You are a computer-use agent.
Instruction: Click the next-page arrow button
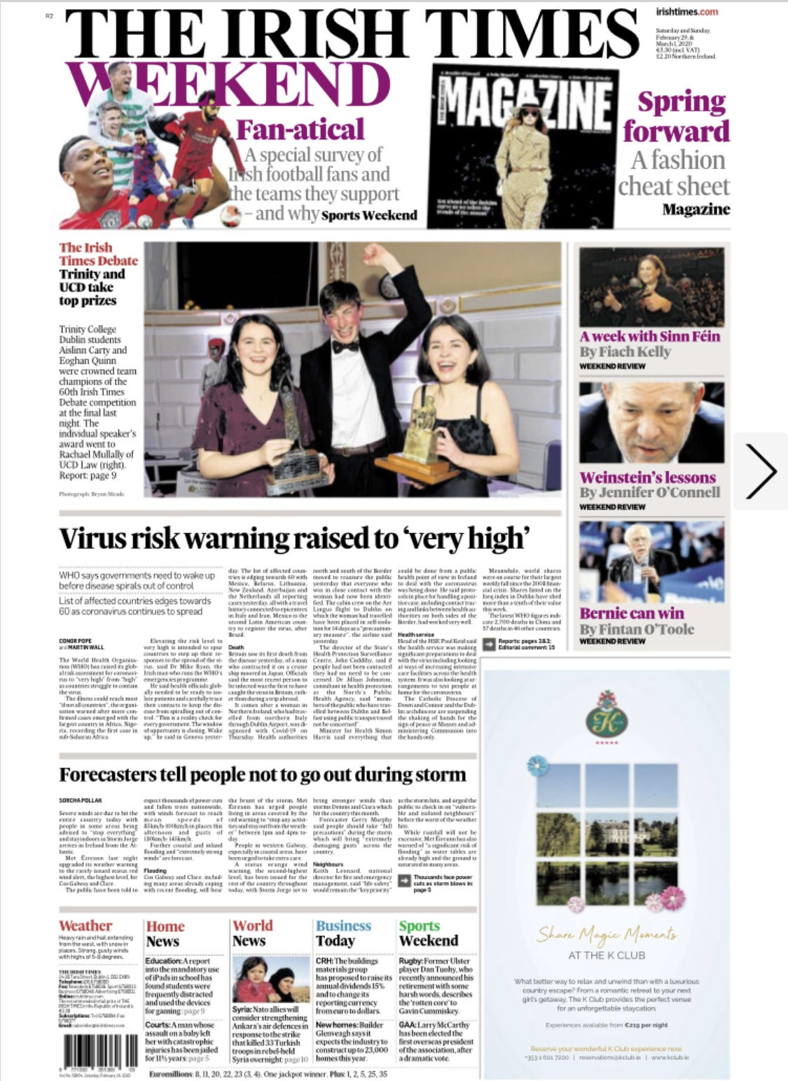[x=760, y=471]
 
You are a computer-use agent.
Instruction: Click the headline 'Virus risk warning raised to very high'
[x=292, y=538]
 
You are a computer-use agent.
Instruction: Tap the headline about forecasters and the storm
[x=262, y=774]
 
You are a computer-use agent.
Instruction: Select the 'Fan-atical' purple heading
[x=300, y=130]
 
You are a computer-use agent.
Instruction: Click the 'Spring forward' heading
[x=676, y=116]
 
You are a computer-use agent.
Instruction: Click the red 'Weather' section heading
[x=85, y=926]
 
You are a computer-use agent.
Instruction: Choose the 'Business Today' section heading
[x=343, y=933]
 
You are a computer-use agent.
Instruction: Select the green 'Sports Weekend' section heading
[x=428, y=933]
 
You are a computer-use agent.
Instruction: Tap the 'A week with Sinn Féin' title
[x=649, y=336]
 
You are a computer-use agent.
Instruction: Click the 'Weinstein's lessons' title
[x=647, y=477]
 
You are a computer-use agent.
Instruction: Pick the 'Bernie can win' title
[x=631, y=613]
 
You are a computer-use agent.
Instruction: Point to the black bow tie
[x=345, y=346]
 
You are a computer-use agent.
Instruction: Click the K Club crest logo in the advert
[x=607, y=714]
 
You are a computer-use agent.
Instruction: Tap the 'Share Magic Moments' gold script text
[x=607, y=933]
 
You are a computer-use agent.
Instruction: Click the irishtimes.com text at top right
[x=686, y=12]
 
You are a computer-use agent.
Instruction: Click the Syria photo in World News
[x=271, y=979]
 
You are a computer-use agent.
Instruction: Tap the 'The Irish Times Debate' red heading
[x=98, y=254]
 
